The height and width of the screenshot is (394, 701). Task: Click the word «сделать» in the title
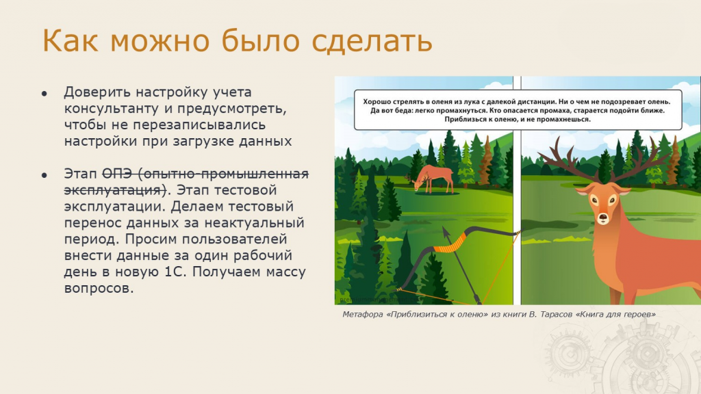(372, 41)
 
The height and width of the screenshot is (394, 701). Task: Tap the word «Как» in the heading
(71, 40)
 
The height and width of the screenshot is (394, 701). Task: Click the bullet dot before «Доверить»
(44, 93)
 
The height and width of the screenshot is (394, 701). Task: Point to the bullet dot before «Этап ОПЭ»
(44, 175)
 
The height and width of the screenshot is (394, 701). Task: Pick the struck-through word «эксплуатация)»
(115, 190)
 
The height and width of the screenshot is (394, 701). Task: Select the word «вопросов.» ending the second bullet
(99, 288)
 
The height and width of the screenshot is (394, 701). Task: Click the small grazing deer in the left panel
(432, 179)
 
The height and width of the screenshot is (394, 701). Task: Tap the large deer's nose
(603, 218)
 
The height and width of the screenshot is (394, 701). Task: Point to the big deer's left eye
(594, 200)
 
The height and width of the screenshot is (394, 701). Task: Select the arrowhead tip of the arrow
(445, 229)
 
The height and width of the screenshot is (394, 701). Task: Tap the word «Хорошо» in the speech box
(376, 102)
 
